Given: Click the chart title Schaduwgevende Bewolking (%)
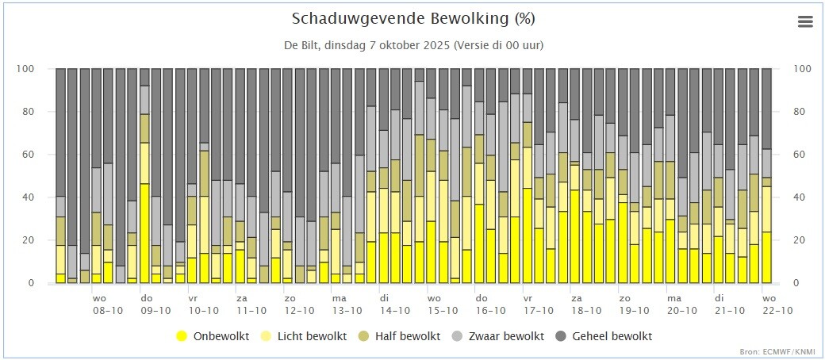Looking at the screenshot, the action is pyautogui.click(x=413, y=19).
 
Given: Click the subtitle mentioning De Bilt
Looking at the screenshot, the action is pyautogui.click(x=413, y=45).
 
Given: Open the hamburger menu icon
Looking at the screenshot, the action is pyautogui.click(x=805, y=21).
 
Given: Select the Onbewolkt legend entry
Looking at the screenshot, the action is pyautogui.click(x=213, y=335).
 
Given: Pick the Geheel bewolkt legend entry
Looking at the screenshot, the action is pyautogui.click(x=605, y=335).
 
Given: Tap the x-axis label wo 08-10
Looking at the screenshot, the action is pyautogui.click(x=108, y=304).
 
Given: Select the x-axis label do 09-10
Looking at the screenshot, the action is pyautogui.click(x=155, y=304).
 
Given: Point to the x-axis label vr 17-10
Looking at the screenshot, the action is pyautogui.click(x=539, y=304).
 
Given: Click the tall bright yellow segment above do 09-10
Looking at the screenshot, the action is pyautogui.click(x=144, y=233).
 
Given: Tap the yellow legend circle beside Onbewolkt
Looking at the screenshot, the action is pyautogui.click(x=182, y=335).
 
